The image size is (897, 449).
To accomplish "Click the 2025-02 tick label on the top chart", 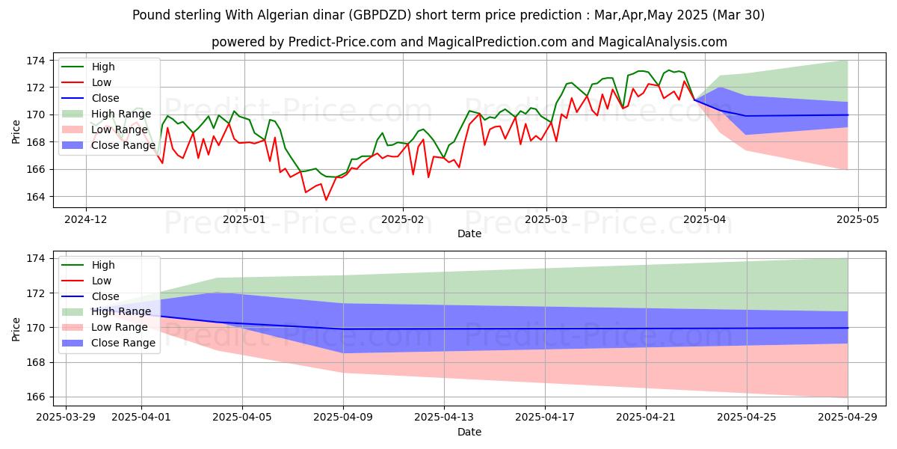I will [403, 220].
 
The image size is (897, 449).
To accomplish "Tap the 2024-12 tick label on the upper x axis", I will [85, 220].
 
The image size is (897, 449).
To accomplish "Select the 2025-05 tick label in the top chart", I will [857, 220].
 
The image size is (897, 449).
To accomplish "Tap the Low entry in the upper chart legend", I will [102, 82].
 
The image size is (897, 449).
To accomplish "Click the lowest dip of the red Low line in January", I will [326, 200].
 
